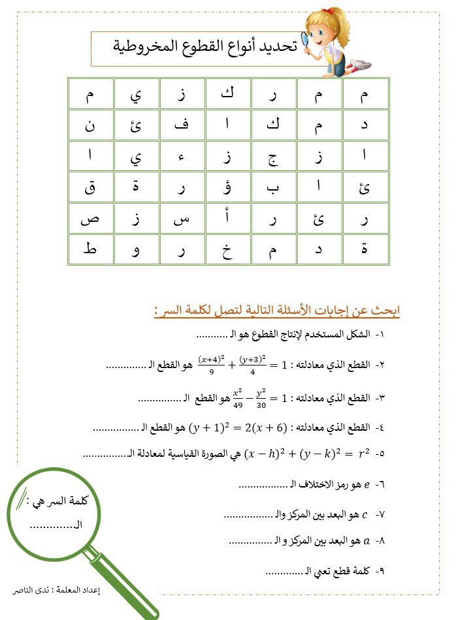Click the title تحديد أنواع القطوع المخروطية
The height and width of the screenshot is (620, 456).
point(204,47)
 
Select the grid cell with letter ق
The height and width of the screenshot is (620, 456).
point(90,188)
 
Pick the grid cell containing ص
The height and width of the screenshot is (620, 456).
point(90,219)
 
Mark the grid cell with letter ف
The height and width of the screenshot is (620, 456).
point(182,125)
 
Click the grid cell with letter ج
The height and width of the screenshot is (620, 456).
point(274,157)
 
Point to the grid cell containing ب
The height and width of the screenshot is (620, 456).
point(274,188)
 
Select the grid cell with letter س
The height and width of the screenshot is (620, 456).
point(182,219)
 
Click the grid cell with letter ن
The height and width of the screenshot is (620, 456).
point(90,125)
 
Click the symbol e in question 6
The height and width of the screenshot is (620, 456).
point(366,485)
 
